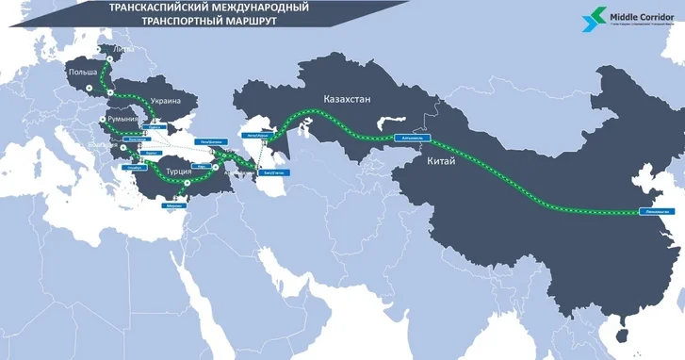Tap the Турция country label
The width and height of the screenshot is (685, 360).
[178, 172]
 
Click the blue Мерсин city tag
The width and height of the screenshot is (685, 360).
[172, 205]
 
